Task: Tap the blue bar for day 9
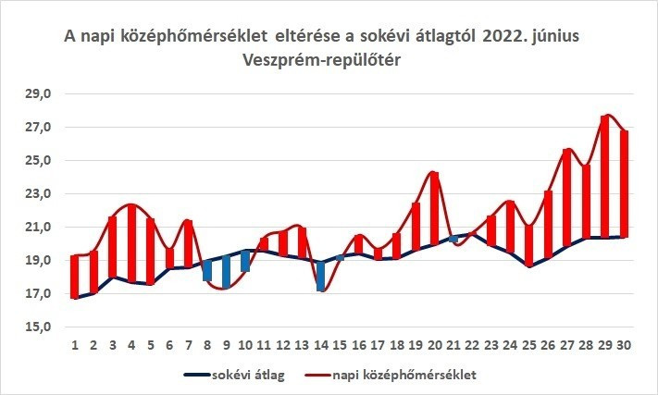point(226,272)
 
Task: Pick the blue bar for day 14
point(320,276)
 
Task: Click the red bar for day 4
point(131,243)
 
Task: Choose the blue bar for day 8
point(207,270)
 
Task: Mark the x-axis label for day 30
point(625,345)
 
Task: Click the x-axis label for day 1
point(75,345)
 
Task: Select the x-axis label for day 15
point(340,345)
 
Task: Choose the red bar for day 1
point(75,276)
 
